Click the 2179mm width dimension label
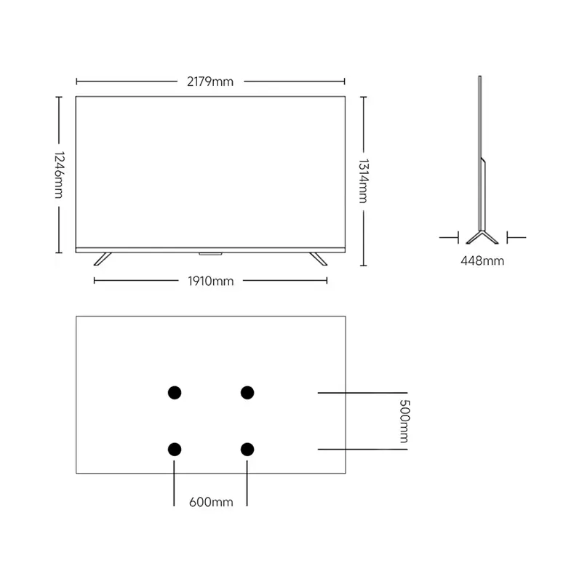coord(210,81)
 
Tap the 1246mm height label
coord(60,175)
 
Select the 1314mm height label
coord(363,180)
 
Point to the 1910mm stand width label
coord(211,281)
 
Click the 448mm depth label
coord(482,261)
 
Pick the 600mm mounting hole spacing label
coord(211,502)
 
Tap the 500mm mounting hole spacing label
coord(404,421)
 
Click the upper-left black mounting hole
coord(175,392)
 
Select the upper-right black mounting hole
coord(247,392)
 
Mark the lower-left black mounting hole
coord(175,450)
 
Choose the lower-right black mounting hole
coord(247,450)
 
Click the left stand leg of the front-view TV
coord(103,259)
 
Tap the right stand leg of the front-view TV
coord(319,259)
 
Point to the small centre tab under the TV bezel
coord(210,254)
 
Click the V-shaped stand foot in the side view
coord(482,237)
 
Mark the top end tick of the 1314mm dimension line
coord(363,97)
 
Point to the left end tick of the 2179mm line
coord(76,81)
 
